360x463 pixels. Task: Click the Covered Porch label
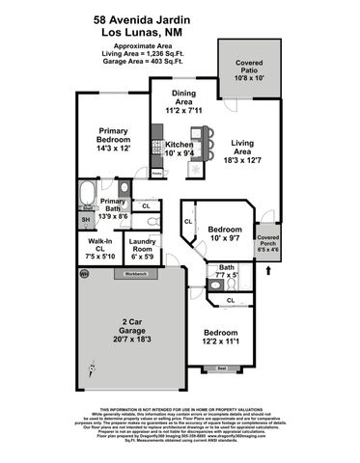(x=267, y=242)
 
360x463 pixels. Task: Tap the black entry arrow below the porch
(x=267, y=271)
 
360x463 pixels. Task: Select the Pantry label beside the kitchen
(x=157, y=174)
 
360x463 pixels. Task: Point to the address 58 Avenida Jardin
(x=180, y=17)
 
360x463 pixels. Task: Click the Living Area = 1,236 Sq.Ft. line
(x=180, y=53)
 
